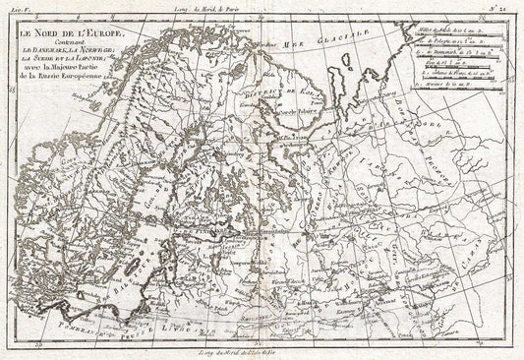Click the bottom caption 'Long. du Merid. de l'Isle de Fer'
[261, 351]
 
